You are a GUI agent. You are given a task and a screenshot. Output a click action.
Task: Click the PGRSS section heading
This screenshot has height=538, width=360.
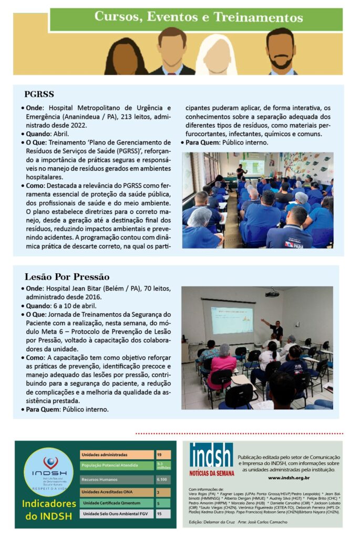[x=39, y=95]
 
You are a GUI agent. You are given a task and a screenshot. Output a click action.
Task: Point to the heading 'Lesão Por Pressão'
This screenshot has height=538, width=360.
[x=67, y=277]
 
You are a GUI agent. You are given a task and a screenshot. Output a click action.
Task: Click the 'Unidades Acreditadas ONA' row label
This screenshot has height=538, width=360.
[x=108, y=492]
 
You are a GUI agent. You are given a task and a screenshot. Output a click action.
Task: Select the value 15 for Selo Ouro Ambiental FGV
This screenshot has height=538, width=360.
[x=159, y=514]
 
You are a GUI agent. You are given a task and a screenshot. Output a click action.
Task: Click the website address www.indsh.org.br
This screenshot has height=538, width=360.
[x=289, y=478]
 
